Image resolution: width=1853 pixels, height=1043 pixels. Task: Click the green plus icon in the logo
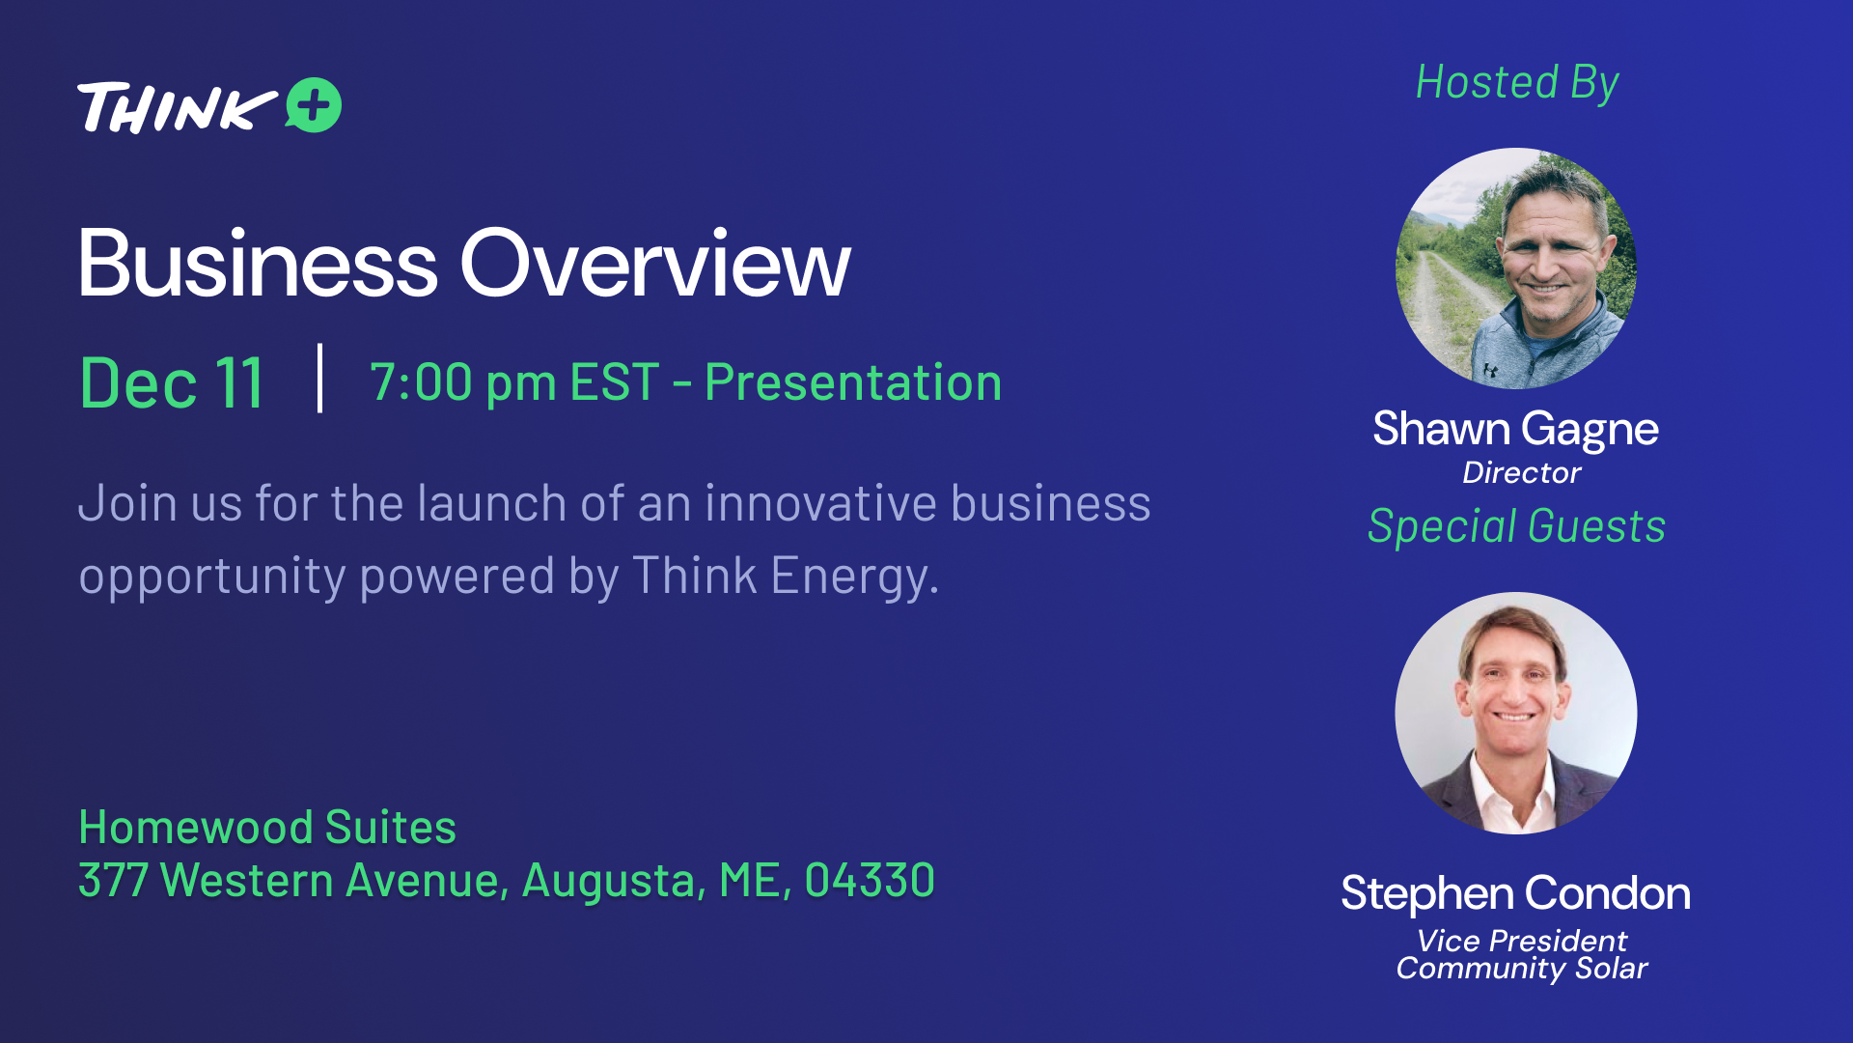(x=314, y=104)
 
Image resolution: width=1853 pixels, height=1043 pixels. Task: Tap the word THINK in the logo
(x=178, y=107)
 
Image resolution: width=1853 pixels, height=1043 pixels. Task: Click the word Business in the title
(x=258, y=263)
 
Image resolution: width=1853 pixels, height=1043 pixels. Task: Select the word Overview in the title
(x=655, y=263)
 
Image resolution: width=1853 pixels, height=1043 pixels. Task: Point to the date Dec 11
(x=172, y=383)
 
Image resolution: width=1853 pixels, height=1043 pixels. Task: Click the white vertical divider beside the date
(x=319, y=378)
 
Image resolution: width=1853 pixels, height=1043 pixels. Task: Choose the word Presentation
(x=853, y=381)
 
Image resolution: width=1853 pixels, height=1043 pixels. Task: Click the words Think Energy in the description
(x=785, y=576)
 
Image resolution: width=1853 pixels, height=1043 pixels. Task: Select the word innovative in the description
(x=820, y=503)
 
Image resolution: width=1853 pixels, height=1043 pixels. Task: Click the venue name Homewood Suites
(x=267, y=827)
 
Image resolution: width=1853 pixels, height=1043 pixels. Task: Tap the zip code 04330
(x=870, y=880)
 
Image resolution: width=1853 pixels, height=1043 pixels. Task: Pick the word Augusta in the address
(x=614, y=881)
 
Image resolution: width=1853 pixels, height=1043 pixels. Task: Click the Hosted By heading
(x=1517, y=83)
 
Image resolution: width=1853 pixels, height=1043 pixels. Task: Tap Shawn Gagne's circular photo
(x=1516, y=268)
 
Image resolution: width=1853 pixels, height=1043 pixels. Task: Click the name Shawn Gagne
(x=1516, y=430)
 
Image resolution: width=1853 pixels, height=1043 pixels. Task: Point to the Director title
(x=1521, y=472)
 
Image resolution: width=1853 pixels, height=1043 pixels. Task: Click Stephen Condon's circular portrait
(x=1516, y=713)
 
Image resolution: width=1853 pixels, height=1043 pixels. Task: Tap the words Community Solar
(x=1522, y=969)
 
